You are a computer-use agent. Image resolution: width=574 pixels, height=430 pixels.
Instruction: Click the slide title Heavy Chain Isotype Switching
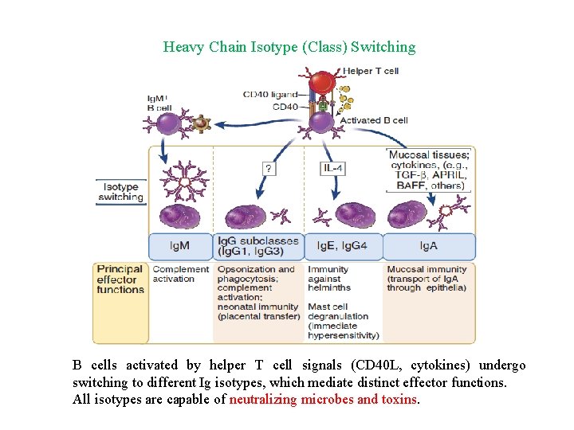pyautogui.click(x=289, y=47)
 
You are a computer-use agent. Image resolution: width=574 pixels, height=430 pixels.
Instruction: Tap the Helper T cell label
pyautogui.click(x=371, y=71)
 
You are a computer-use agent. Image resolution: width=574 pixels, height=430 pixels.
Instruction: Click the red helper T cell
pyautogui.click(x=321, y=84)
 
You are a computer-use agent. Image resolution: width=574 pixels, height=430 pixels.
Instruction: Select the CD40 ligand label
pyautogui.click(x=270, y=95)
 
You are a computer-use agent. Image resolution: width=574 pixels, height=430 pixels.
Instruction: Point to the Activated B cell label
pyautogui.click(x=374, y=120)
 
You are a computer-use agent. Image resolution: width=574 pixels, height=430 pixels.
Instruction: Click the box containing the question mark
pyautogui.click(x=270, y=168)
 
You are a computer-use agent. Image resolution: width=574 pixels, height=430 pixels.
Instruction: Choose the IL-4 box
pyautogui.click(x=333, y=168)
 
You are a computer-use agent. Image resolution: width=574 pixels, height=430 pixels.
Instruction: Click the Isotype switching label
pyautogui.click(x=121, y=192)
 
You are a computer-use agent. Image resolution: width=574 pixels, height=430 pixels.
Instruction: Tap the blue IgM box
pyautogui.click(x=180, y=246)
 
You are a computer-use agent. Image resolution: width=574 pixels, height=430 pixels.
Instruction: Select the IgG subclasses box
pyautogui.click(x=258, y=246)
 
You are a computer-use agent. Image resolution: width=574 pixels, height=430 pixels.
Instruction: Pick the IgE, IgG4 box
pyautogui.click(x=342, y=246)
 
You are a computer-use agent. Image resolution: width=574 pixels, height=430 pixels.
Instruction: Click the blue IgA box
pyautogui.click(x=429, y=246)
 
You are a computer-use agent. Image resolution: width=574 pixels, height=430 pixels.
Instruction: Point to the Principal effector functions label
pyautogui.click(x=120, y=279)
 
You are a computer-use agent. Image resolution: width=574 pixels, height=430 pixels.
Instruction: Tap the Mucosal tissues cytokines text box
pyautogui.click(x=429, y=170)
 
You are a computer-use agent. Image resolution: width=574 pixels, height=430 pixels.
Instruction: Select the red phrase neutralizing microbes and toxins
pyautogui.click(x=323, y=399)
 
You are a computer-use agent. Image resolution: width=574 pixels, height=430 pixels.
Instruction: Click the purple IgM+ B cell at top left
pyautogui.click(x=168, y=123)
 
